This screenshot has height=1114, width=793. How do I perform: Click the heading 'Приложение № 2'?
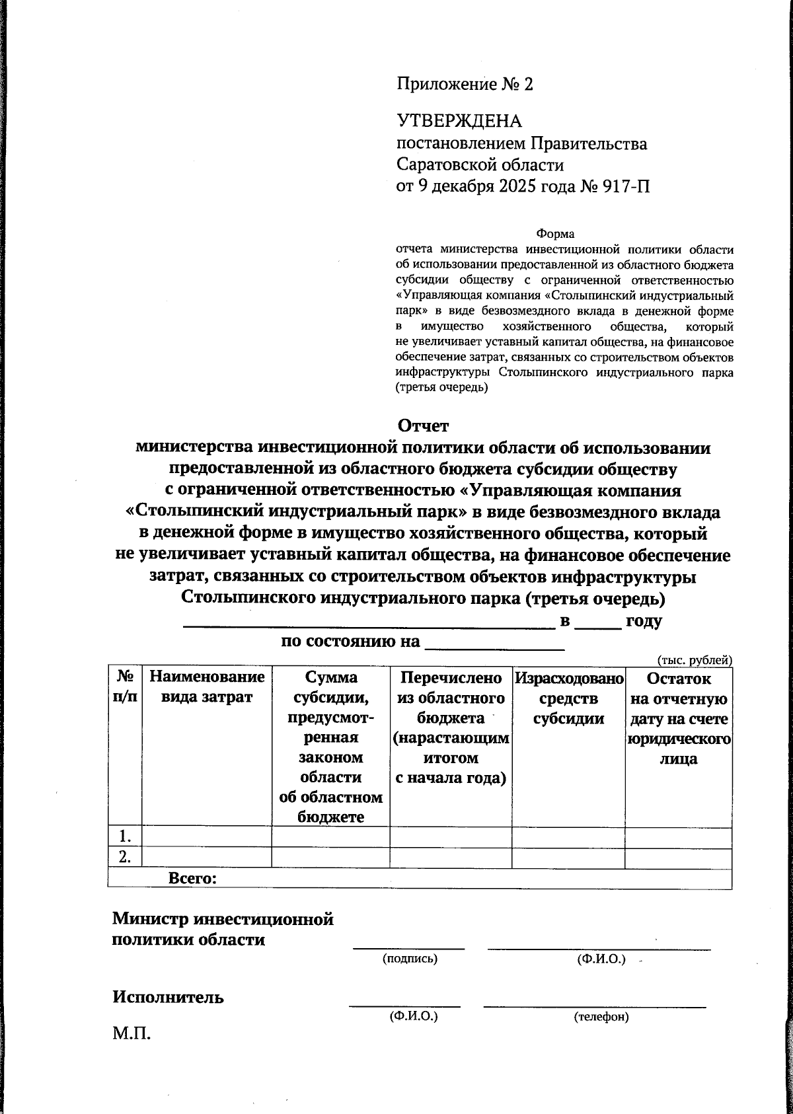tap(464, 85)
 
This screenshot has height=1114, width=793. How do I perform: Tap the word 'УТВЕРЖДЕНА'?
tap(459, 121)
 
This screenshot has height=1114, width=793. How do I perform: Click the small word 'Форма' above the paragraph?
tap(555, 234)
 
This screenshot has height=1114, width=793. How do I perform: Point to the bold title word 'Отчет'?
tap(423, 426)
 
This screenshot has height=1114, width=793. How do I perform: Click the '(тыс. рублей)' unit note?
tap(694, 659)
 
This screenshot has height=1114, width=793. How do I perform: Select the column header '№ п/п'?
tap(125, 687)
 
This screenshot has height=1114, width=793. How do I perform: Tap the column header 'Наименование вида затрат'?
tap(207, 687)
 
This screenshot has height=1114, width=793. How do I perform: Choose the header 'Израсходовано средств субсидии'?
tap(568, 698)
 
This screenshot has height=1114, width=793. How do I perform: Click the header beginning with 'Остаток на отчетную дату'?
tap(678, 718)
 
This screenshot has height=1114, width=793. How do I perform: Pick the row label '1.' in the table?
tap(125, 836)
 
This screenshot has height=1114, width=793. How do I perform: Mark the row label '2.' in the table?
tap(125, 857)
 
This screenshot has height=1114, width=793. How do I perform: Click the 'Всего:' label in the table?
tap(192, 879)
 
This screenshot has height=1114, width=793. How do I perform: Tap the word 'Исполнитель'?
tap(168, 997)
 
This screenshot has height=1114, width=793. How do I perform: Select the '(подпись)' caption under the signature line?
tap(410, 959)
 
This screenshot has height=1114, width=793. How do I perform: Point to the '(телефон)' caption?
tap(601, 1017)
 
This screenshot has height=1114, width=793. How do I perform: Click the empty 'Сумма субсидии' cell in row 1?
tap(330, 836)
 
